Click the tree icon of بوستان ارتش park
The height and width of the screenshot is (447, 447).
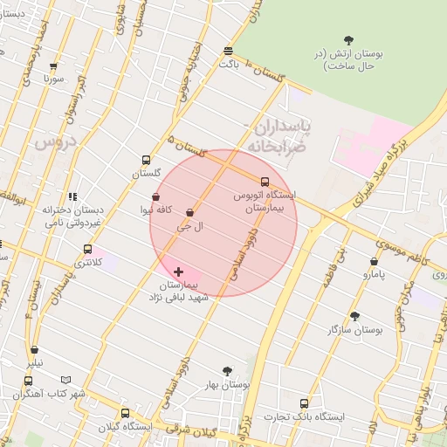pyautogui.click(x=349, y=39)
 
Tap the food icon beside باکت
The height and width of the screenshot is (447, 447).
pyautogui.click(x=228, y=51)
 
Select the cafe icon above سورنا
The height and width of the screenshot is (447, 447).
pyautogui.click(x=54, y=66)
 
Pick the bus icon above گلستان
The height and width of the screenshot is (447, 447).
pyautogui.click(x=146, y=161)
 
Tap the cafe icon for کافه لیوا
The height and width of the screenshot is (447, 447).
pyautogui.click(x=155, y=197)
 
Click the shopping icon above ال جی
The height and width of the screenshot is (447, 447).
pyautogui.click(x=190, y=212)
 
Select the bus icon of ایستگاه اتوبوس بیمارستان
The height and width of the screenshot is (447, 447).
pyautogui.click(x=265, y=182)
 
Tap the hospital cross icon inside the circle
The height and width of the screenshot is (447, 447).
pyautogui.click(x=179, y=272)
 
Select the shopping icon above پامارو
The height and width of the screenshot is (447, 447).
pyautogui.click(x=374, y=261)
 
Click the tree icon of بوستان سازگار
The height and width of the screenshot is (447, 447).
pyautogui.click(x=354, y=316)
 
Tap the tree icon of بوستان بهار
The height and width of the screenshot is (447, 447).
pyautogui.click(x=228, y=371)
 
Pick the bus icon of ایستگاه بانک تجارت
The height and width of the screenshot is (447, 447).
pyautogui.click(x=304, y=403)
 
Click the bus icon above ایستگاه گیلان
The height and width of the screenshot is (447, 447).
pyautogui.click(x=125, y=413)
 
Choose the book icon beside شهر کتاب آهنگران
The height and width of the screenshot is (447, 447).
pyautogui.click(x=65, y=381)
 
